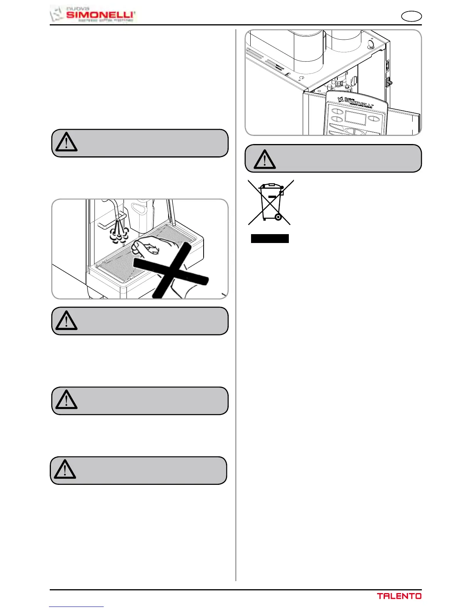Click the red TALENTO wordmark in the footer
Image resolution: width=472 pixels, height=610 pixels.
pyautogui.click(x=399, y=596)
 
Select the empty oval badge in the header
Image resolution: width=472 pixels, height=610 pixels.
pyautogui.click(x=411, y=17)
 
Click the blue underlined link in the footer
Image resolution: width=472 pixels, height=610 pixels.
pyautogui.click(x=76, y=607)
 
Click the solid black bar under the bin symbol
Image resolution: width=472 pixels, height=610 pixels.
pyautogui.click(x=270, y=238)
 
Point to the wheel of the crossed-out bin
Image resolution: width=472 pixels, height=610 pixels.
pyautogui.click(x=278, y=218)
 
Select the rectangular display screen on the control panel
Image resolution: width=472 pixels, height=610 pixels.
pyautogui.click(x=355, y=118)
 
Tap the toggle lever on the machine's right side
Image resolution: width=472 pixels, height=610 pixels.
pyautogui.click(x=389, y=82)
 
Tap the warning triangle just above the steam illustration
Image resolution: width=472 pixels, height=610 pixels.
pyautogui.click(x=66, y=142)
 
